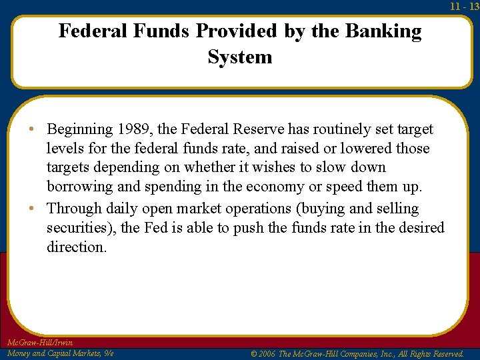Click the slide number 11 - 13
point(464,6)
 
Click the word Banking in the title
point(384,31)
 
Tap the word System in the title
point(240,57)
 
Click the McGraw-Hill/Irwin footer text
point(40,343)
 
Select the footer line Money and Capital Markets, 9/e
point(59,353)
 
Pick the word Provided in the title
point(231,31)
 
